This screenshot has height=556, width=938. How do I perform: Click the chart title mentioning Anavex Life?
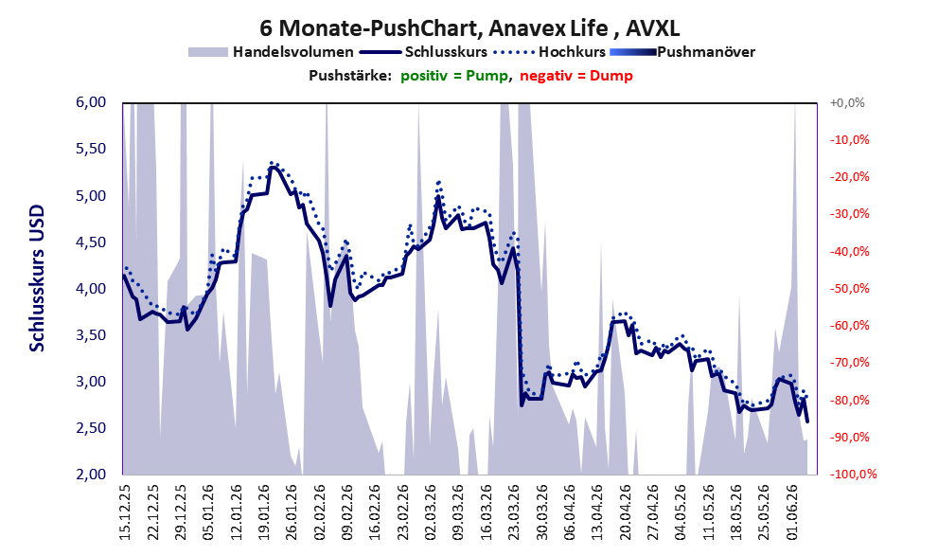[x=469, y=28]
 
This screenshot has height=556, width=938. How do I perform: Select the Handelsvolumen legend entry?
[x=271, y=52]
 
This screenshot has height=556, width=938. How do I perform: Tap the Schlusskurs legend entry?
[x=423, y=52]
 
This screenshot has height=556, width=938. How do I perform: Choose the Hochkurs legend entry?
[x=550, y=52]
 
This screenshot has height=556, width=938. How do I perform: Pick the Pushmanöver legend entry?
[x=682, y=52]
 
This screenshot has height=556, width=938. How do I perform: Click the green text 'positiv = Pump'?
[x=454, y=76]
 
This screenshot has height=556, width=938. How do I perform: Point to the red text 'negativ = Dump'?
[x=576, y=76]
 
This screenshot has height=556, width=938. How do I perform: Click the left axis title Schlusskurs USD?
[x=37, y=278]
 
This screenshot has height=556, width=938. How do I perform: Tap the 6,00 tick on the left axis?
[x=91, y=102]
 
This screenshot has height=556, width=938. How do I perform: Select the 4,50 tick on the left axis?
[x=91, y=242]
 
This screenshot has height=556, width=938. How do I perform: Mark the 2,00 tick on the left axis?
[x=91, y=474]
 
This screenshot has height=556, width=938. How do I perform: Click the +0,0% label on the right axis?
[x=847, y=103]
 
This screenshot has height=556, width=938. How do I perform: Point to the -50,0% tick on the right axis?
[x=849, y=289]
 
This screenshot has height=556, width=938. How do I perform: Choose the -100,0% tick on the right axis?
[x=853, y=475]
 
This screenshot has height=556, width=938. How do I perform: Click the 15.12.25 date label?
[x=125, y=512]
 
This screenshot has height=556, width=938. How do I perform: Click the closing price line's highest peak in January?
[x=273, y=167]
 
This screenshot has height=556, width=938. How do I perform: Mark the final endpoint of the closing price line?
[x=807, y=421]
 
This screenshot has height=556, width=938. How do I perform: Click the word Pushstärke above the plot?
[x=350, y=76]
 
